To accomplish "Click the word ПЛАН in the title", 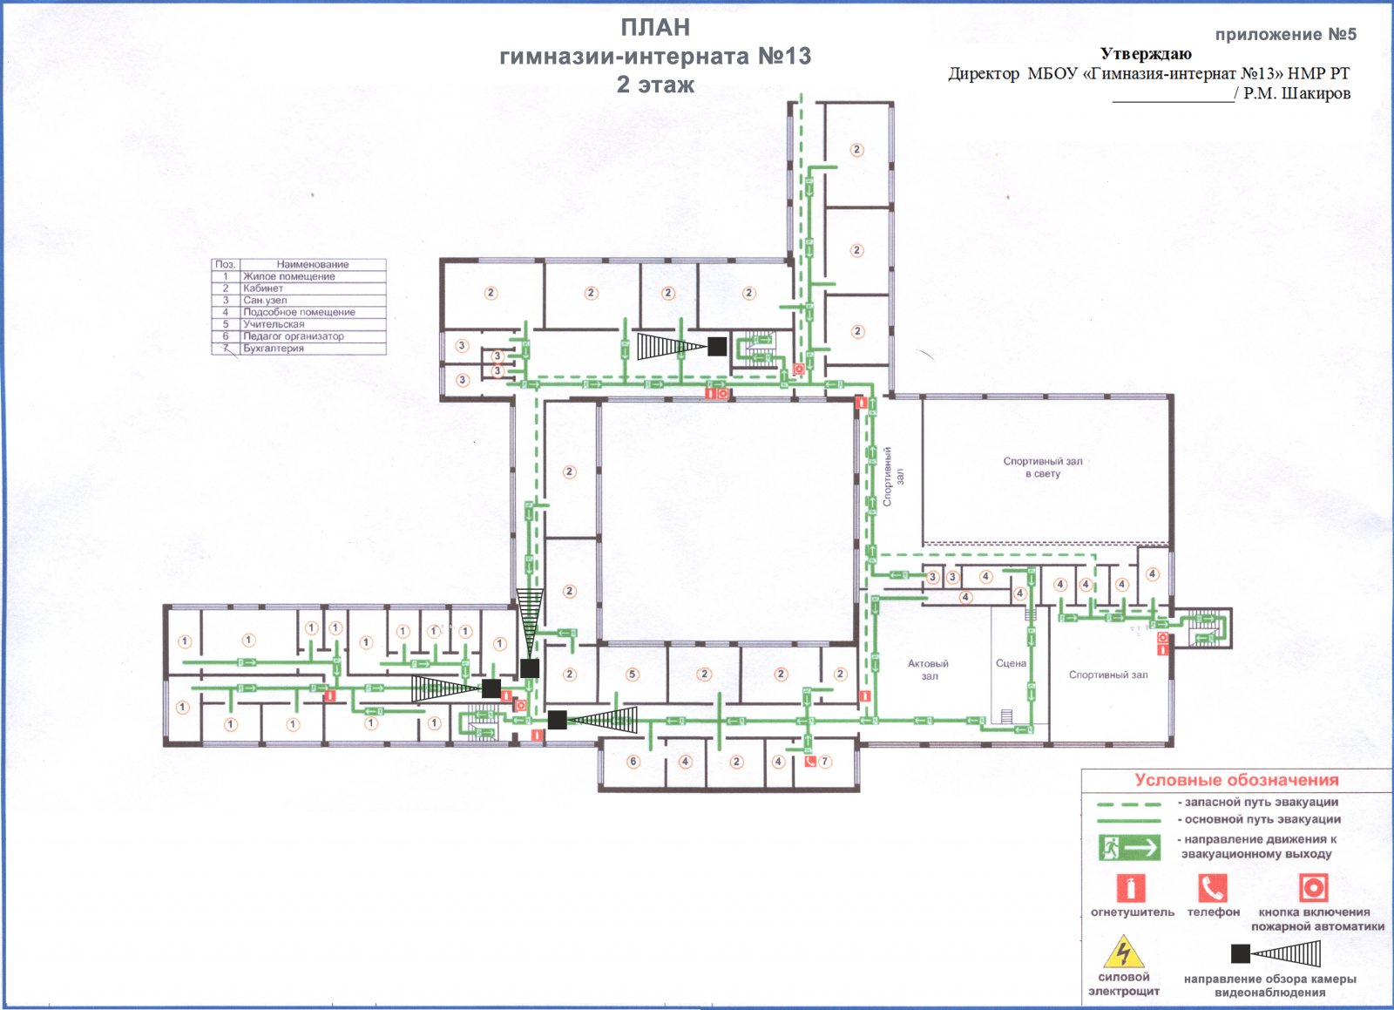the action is pyautogui.click(x=655, y=28).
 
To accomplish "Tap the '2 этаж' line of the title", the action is pyautogui.click(x=655, y=85).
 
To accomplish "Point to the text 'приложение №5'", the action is pyautogui.click(x=1286, y=35).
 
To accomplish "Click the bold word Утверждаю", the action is pyautogui.click(x=1146, y=54).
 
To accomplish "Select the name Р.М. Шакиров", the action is pyautogui.click(x=1297, y=94).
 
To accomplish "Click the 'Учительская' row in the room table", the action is pyautogui.click(x=274, y=324).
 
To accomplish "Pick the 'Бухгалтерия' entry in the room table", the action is pyautogui.click(x=274, y=349).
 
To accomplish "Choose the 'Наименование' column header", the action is pyautogui.click(x=313, y=264).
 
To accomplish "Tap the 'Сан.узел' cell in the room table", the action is pyautogui.click(x=265, y=301).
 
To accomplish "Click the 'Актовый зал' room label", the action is pyautogui.click(x=929, y=670).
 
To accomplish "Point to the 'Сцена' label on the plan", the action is pyautogui.click(x=1011, y=663).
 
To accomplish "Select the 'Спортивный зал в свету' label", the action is pyautogui.click(x=1042, y=467).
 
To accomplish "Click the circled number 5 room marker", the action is pyautogui.click(x=633, y=674).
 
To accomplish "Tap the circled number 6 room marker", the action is pyautogui.click(x=633, y=762).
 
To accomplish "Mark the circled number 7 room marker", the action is pyautogui.click(x=825, y=762).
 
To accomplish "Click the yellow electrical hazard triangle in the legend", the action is pyautogui.click(x=1124, y=952).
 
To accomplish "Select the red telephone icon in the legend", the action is pyautogui.click(x=1213, y=888).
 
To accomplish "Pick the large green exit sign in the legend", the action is pyautogui.click(x=1129, y=848).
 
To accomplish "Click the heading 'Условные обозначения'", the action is pyautogui.click(x=1236, y=780).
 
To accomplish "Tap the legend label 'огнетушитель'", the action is pyautogui.click(x=1133, y=912).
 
